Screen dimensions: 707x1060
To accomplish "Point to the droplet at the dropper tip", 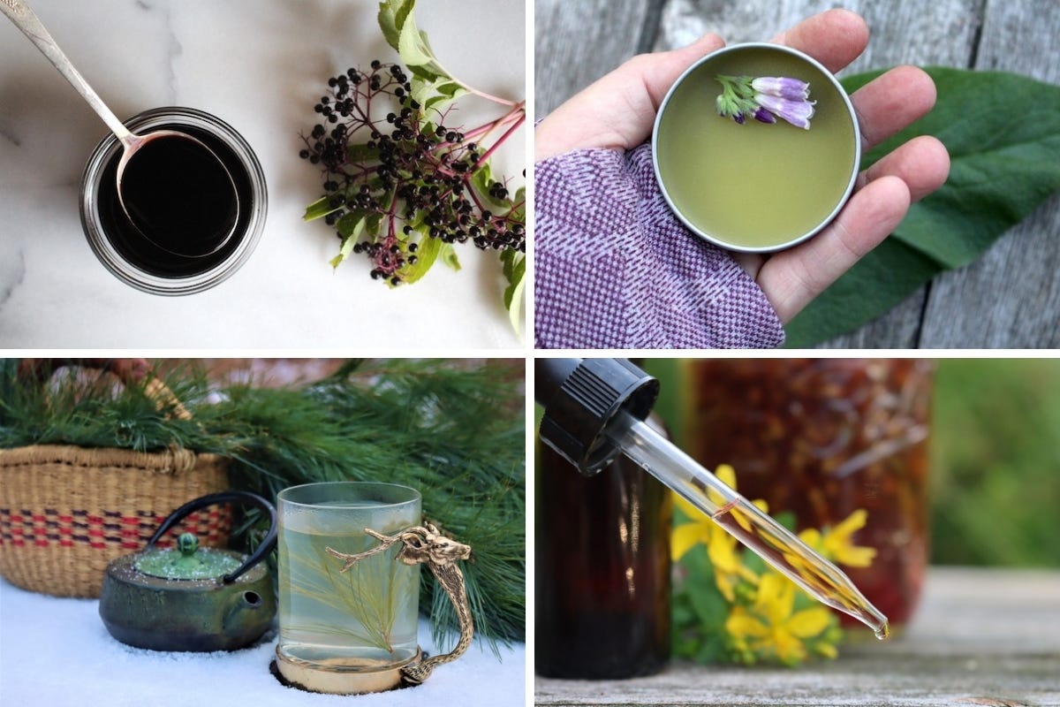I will [x=882, y=633].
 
